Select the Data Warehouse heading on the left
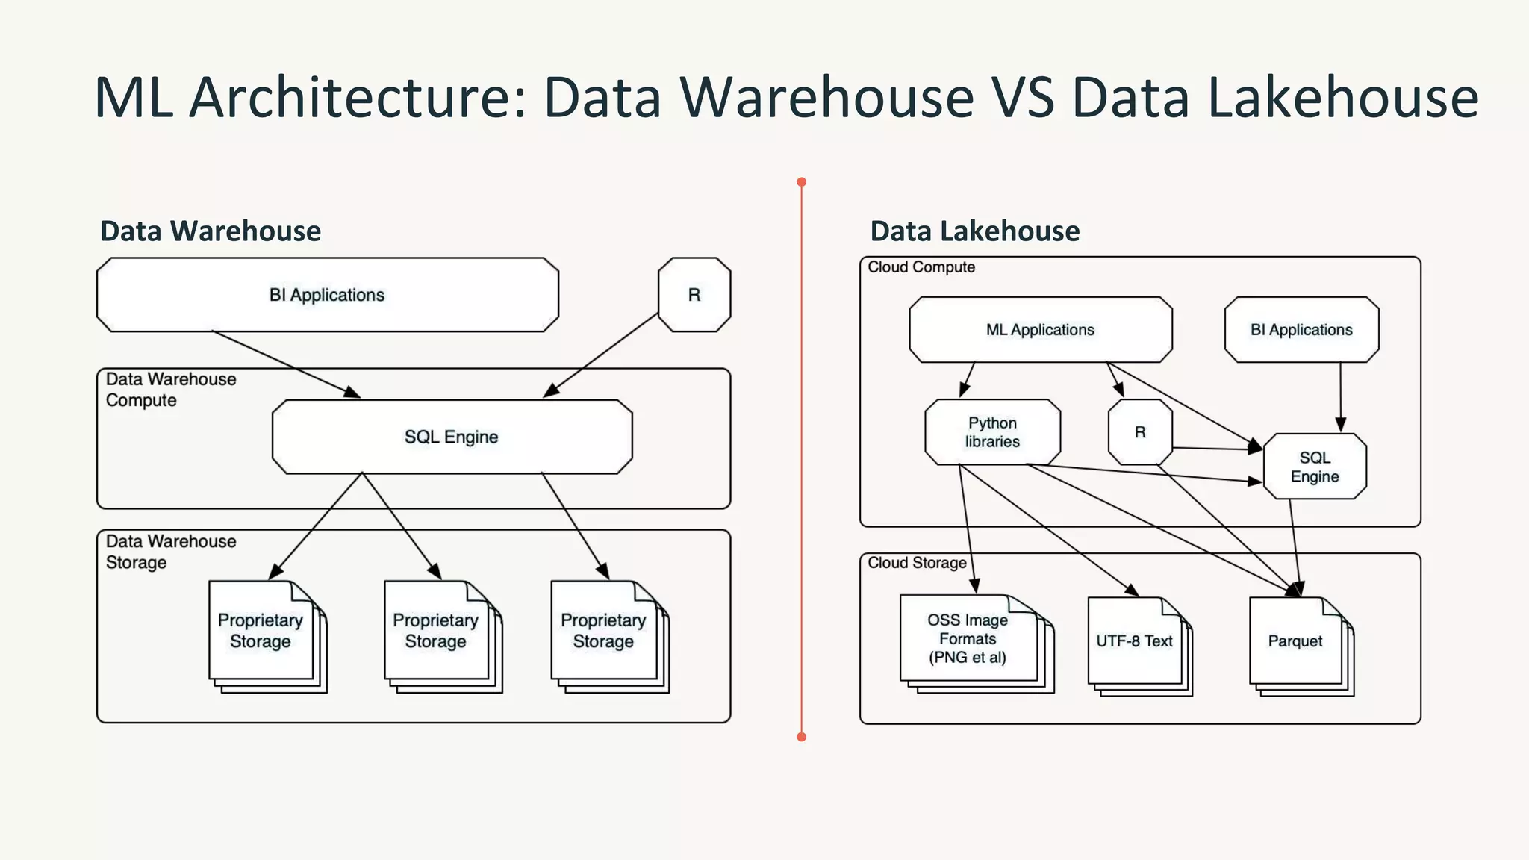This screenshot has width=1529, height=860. pos(211,231)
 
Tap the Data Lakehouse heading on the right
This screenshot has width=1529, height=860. pos(974,231)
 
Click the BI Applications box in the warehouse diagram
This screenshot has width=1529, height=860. pos(327,295)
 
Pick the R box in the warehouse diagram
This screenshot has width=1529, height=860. pos(694,295)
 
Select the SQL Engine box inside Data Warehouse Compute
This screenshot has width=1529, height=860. pos(451,437)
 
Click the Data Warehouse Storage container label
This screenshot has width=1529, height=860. pos(170,552)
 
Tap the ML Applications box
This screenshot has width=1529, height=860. pos(1040,330)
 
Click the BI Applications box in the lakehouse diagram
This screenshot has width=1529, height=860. pos(1301,330)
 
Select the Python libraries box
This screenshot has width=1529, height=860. pos(991,432)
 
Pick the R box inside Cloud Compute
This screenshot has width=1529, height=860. pos(1140,432)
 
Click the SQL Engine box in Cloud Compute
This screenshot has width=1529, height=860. pos(1315,467)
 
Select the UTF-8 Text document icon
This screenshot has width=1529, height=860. pos(1134,641)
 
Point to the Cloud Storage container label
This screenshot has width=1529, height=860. pos(917,563)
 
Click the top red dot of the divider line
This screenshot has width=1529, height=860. pos(801,182)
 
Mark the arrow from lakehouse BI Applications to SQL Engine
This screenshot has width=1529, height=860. pos(1340,396)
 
